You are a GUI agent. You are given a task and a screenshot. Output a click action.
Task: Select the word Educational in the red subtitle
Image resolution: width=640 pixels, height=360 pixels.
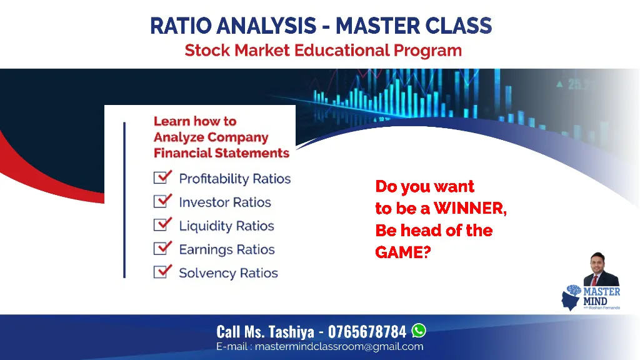point(342,50)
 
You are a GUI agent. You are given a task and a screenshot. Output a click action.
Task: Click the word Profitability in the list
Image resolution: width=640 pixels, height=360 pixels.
point(214,179)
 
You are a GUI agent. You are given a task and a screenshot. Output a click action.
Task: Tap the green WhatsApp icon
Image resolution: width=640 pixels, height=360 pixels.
point(419,330)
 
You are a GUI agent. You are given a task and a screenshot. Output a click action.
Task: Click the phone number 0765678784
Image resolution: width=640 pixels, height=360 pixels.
point(367,332)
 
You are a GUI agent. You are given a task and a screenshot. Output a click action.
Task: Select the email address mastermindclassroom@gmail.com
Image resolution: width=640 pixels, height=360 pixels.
point(339,346)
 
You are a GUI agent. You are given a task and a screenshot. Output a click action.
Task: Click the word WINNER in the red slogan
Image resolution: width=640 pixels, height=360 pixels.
point(470,208)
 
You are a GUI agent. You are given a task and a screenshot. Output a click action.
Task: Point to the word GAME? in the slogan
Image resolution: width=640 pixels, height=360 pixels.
point(403,252)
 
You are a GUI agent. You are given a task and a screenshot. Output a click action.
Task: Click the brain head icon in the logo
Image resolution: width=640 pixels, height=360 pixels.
point(571,297)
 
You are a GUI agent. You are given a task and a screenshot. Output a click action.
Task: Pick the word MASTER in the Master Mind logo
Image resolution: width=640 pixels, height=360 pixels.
point(602,291)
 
